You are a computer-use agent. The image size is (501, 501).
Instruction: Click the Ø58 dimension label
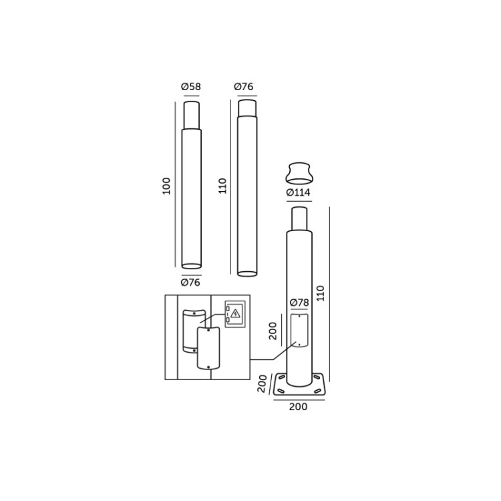[x=191, y=87]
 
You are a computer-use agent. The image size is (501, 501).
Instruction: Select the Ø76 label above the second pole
[x=243, y=87]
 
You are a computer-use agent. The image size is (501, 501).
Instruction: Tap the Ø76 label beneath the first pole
[x=190, y=283]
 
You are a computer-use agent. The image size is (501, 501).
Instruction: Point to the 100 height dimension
[x=166, y=186]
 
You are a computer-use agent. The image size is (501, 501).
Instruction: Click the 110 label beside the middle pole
[x=222, y=186]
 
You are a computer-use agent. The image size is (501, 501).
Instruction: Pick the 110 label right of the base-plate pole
[x=321, y=293]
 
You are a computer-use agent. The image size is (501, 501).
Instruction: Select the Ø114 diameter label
[x=298, y=192]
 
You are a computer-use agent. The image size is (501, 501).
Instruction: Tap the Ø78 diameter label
[x=299, y=303]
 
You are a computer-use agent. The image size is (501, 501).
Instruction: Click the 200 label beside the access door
[x=273, y=331]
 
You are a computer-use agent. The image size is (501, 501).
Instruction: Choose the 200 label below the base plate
[x=298, y=407]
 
